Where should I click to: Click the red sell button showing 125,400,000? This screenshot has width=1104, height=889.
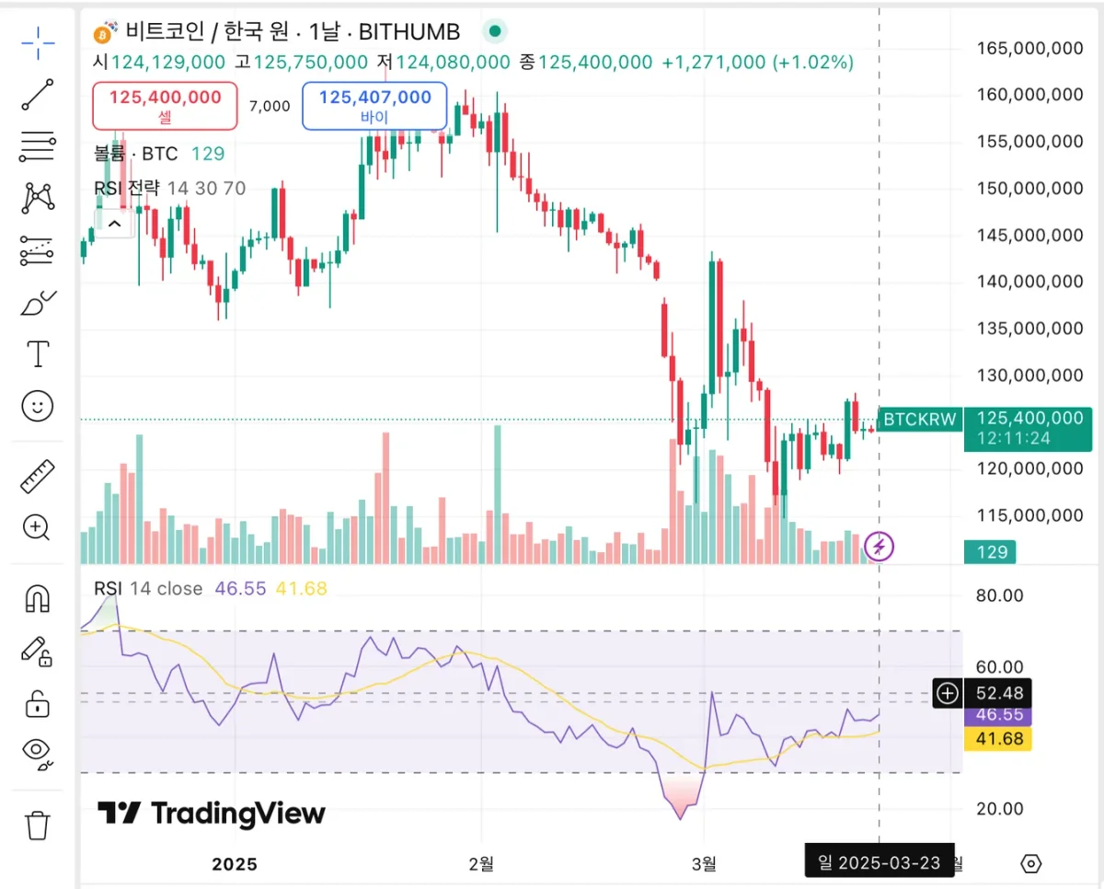pos(165,105)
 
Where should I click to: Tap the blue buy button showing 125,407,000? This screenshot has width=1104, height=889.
pos(374,105)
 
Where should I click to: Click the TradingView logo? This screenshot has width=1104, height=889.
pos(212,814)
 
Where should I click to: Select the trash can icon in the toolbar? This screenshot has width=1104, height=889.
pos(38,825)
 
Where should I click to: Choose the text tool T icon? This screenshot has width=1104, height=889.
pos(38,353)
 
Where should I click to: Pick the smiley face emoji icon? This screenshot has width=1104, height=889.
pos(38,406)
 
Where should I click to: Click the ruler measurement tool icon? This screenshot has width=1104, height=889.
pos(38,476)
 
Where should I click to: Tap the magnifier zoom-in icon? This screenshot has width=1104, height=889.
pos(37,527)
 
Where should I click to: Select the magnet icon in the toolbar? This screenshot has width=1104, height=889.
pos(38,599)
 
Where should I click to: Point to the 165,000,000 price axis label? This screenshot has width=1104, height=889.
pos(1029,48)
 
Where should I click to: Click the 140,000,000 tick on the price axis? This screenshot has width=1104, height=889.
pos(1029,282)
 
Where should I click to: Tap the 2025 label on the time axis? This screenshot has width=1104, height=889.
pos(235,864)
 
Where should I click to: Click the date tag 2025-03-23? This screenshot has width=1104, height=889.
pos(879,863)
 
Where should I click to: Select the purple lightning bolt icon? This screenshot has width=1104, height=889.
pos(880,547)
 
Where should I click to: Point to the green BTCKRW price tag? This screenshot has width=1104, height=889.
pos(921,420)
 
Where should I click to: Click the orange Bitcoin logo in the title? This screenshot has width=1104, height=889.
pos(103,34)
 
